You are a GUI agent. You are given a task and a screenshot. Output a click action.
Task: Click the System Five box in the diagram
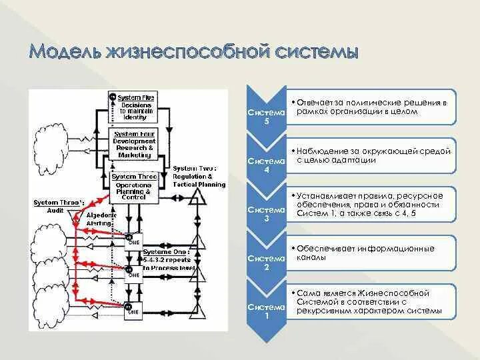click(136, 107)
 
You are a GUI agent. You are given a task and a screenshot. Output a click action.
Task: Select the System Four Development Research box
click(135, 145)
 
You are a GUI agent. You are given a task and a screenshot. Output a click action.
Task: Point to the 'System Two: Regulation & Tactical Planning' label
click(198, 175)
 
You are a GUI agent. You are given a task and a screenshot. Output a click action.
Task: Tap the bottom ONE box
click(133, 309)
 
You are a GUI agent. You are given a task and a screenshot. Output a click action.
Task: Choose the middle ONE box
click(133, 273)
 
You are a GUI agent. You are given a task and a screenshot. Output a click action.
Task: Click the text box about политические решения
click(371, 107)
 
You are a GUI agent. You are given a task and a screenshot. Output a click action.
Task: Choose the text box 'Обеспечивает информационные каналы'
click(371, 253)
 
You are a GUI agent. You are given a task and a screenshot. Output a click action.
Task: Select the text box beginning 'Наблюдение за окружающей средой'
click(371, 155)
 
